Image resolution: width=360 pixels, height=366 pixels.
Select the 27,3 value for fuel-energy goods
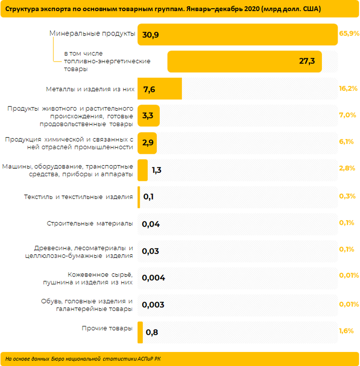pyautogui.click(x=306, y=61)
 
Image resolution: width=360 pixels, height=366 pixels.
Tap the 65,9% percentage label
pyautogui.click(x=349, y=34)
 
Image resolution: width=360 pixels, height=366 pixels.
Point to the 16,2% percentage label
pyautogui.click(x=348, y=89)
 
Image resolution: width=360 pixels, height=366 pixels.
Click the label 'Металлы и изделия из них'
pyautogui.click(x=90, y=89)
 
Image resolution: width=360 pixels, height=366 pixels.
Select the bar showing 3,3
pyautogui.click(x=149, y=116)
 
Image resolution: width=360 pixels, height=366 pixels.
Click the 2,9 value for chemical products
pyautogui.click(x=148, y=143)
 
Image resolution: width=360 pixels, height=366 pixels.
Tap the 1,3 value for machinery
pyautogui.click(x=156, y=170)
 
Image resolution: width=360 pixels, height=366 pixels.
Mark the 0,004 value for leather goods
pyautogui.click(x=153, y=278)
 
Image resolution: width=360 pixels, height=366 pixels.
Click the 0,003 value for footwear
pyautogui.click(x=153, y=305)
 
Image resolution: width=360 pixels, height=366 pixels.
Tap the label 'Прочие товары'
pyautogui.click(x=107, y=328)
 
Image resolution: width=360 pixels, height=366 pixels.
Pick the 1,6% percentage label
pyautogui.click(x=346, y=331)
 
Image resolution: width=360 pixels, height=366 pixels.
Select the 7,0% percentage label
pyautogui.click(x=347, y=115)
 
